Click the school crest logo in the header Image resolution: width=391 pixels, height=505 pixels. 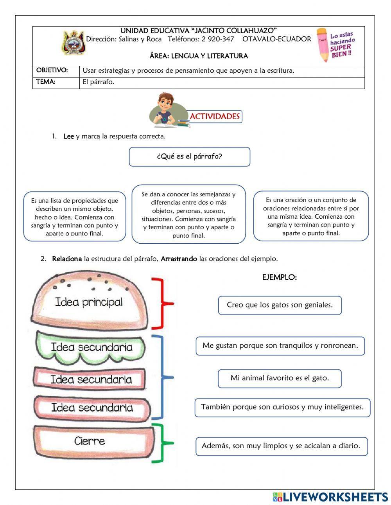73,43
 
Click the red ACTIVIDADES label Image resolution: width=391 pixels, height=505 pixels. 215,117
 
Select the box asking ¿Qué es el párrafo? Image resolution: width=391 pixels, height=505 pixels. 190,157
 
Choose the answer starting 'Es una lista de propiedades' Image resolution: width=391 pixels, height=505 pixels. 75,217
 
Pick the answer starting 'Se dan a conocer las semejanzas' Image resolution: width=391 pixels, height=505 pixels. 189,214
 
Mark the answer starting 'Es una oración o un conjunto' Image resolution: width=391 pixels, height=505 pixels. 311,216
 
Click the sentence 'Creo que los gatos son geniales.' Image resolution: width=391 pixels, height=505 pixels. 280,305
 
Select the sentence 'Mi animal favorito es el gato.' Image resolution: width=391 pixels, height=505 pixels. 280,378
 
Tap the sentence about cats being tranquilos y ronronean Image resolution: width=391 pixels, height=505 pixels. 280,346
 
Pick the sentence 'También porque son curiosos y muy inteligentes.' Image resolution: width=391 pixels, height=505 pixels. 282,407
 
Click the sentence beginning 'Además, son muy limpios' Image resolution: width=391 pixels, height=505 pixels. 282,446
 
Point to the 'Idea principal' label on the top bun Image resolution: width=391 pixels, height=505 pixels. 89,302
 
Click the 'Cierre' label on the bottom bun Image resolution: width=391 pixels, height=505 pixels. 90,441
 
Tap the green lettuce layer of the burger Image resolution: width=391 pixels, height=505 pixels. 91,347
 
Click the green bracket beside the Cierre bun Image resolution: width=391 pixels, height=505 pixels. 163,443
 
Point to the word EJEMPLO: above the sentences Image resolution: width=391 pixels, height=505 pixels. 280,278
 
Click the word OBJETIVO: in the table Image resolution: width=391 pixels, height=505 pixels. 52,70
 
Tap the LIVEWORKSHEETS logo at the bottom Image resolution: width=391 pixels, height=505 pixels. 330,497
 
